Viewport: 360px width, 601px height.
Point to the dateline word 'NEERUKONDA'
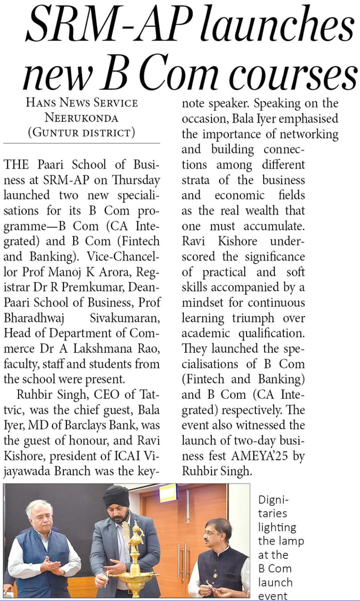[81, 118]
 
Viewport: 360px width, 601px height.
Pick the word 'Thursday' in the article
[136, 180]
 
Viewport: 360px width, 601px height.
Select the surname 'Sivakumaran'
[125, 318]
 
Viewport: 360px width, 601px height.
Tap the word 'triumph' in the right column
[253, 318]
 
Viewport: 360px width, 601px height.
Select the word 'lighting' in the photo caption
[277, 527]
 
